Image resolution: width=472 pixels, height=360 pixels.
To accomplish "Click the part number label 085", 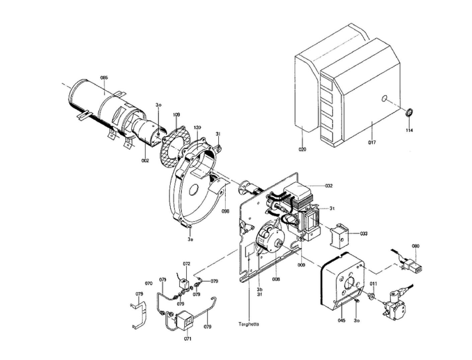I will [104, 78].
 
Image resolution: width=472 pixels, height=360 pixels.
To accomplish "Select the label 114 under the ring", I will [409, 130].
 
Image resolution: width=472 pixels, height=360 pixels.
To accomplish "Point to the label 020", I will [302, 149].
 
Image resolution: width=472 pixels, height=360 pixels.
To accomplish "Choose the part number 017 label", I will [372, 142].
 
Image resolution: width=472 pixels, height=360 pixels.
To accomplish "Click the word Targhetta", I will [249, 324].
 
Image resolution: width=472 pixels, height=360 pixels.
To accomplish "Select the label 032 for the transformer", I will [329, 186].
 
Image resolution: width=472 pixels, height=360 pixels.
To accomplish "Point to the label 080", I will [415, 246].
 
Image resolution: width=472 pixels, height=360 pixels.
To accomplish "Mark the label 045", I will [341, 320].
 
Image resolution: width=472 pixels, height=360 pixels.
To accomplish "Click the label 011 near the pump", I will [373, 284].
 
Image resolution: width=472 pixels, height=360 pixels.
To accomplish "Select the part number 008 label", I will [276, 279].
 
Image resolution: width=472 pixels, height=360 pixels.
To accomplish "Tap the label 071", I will [187, 339].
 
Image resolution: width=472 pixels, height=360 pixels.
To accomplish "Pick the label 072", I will [186, 264].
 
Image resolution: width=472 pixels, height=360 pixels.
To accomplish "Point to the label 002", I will [145, 161].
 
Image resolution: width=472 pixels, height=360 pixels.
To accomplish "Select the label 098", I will [225, 211].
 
